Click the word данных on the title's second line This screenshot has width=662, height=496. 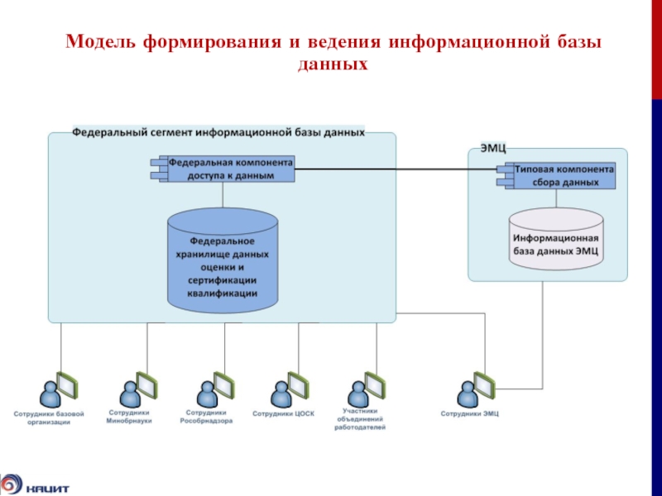point(331,62)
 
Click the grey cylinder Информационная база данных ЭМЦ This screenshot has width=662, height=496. point(555,240)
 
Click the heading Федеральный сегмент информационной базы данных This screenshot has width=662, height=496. point(218,131)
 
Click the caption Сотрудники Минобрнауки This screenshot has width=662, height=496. point(130,416)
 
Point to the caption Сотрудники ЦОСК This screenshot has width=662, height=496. point(284,413)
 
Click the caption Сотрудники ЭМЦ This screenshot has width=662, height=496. point(469,413)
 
